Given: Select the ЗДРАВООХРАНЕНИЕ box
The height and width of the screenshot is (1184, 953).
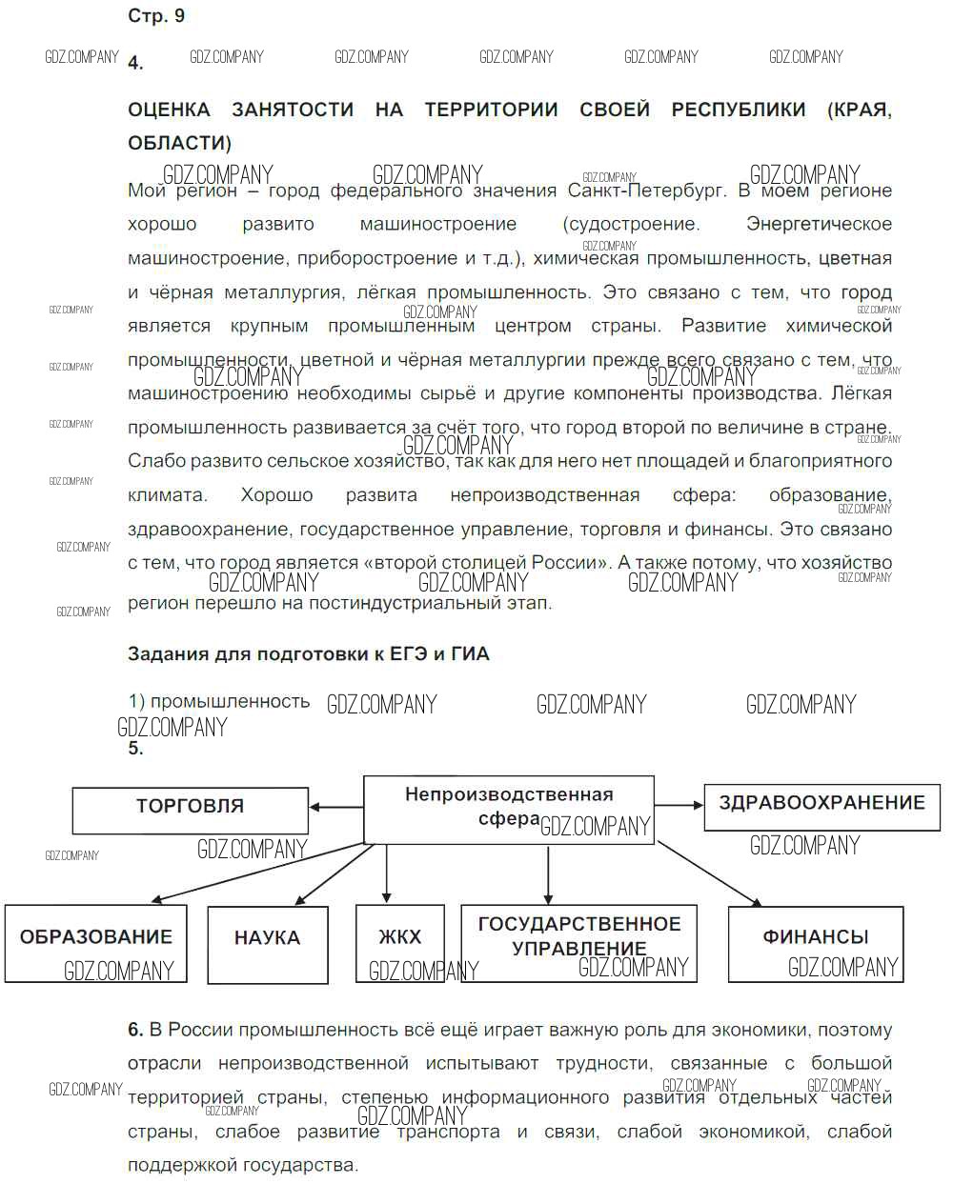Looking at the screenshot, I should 821,806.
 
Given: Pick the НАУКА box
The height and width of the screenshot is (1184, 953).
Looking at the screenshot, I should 267,942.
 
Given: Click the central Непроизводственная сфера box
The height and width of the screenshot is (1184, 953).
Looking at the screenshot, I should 509,808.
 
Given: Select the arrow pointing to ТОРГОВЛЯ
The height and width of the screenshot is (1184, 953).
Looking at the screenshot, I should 335,808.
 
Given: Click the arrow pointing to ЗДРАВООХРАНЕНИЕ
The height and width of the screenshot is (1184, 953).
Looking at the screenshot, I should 679,805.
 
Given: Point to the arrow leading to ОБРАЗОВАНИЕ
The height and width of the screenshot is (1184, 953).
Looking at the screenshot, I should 257,873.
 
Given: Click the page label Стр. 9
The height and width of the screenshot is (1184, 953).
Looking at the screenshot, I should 156,16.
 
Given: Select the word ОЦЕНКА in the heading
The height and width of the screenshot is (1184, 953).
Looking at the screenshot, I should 169,110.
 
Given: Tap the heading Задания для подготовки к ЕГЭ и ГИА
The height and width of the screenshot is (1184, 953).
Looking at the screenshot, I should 308,654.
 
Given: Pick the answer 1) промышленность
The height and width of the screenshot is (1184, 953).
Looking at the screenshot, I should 219,702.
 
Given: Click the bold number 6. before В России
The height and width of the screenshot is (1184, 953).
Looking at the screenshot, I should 135,1030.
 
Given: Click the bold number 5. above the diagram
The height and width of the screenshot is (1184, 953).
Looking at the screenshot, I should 135,750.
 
